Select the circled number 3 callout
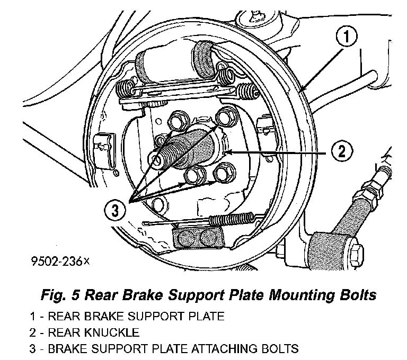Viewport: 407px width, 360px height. [x=116, y=211]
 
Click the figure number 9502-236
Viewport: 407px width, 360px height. [x=59, y=260]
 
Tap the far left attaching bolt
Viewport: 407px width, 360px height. [x=157, y=159]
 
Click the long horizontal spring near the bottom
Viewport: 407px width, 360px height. [x=233, y=217]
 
